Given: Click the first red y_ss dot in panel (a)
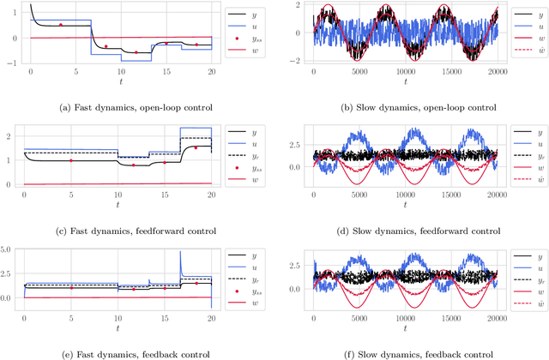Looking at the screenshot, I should click(60, 25).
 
